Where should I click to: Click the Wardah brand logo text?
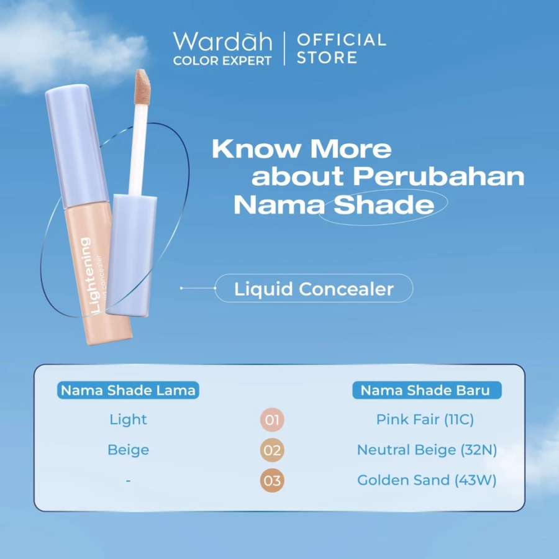222,42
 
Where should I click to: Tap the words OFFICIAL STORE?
341,48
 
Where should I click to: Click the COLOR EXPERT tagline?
222,61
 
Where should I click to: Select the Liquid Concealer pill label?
314,289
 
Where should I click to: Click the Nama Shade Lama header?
129,390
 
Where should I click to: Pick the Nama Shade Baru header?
425,390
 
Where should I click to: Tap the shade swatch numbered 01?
272,420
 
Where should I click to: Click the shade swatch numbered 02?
272,450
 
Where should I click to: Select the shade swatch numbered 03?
272,481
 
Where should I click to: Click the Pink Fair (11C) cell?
425,420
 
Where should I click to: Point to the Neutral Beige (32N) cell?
427,450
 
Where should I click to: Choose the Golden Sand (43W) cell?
427,481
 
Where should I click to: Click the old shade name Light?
129,420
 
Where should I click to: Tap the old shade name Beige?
129,450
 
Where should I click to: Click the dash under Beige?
128,481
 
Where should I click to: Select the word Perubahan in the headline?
439,176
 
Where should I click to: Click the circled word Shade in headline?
384,206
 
